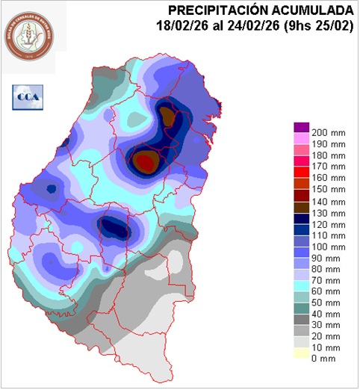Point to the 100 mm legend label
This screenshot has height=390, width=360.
(x=328, y=246)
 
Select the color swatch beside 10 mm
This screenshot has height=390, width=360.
(x=300, y=349)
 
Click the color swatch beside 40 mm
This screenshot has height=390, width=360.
(x=300, y=313)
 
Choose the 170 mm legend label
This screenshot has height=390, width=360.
(x=328, y=167)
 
